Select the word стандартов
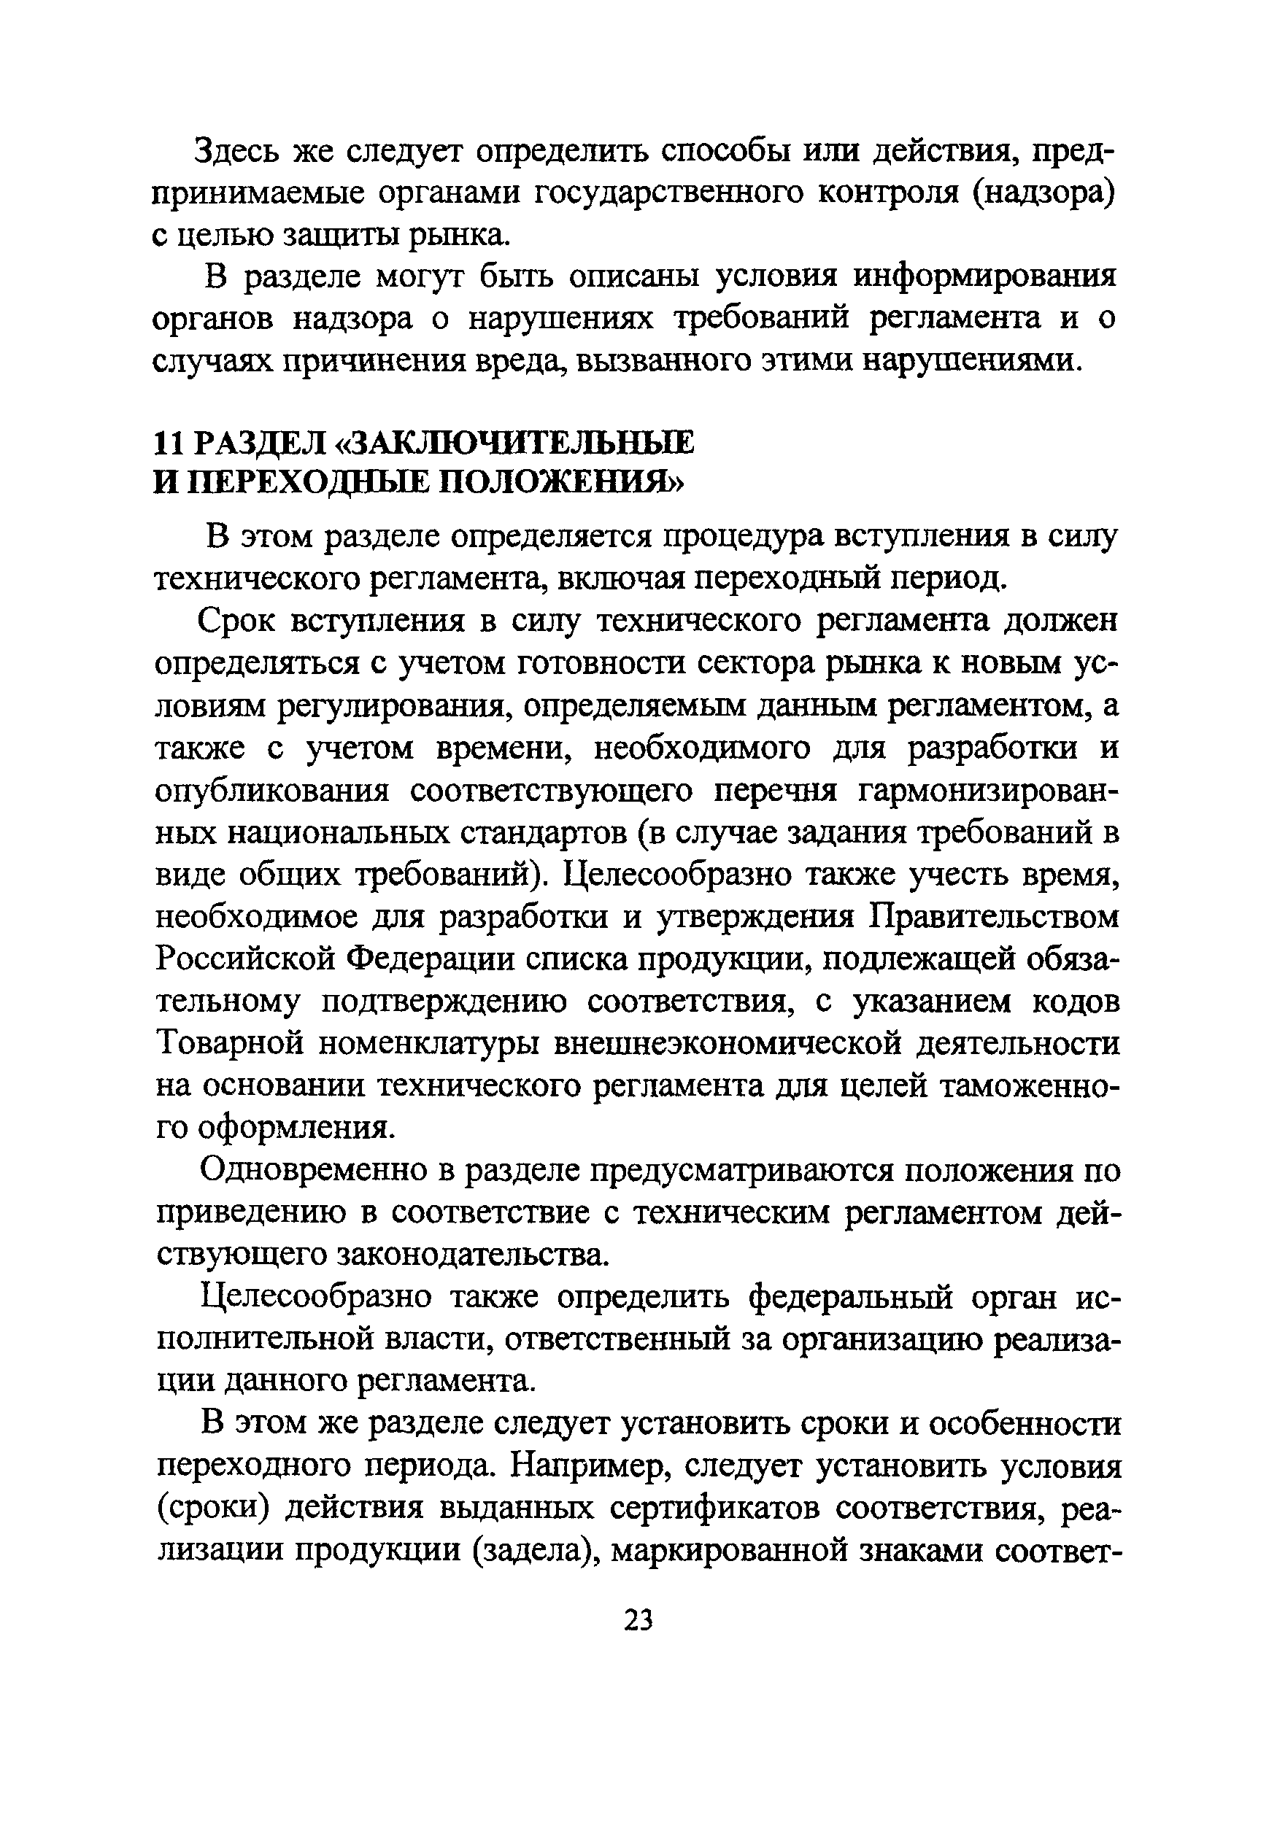[x=547, y=834]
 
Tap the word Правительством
[x=995, y=918]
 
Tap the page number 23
[x=638, y=1620]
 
